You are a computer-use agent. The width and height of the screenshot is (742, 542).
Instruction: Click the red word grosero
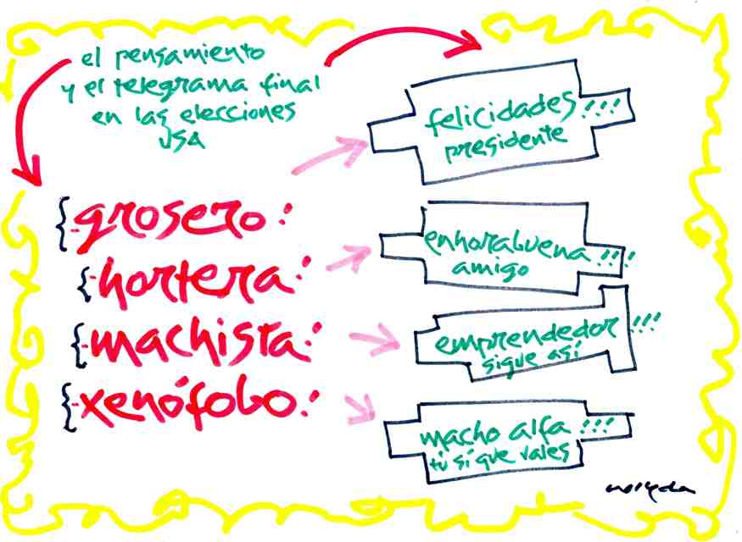tap(174, 222)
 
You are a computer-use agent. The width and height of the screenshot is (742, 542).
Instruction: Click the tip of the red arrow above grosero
tap(32, 181)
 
